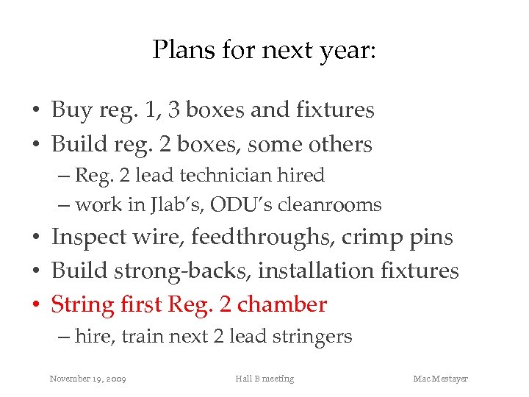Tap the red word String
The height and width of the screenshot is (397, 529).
point(82,304)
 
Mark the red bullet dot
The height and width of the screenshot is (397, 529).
point(35,305)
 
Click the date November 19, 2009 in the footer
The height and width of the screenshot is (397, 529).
point(87,379)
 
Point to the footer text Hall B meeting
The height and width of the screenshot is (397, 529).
point(264,379)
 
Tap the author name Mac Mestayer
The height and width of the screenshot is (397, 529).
point(440,379)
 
